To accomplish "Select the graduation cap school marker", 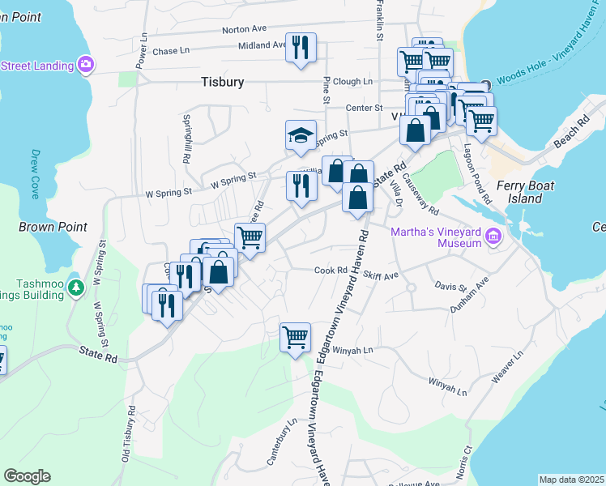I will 301,135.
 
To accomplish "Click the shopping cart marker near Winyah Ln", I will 296,336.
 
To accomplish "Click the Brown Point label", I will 52,227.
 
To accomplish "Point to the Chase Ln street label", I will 170,50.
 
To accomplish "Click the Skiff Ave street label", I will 381,275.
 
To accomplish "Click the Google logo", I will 27,476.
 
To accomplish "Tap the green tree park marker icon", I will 76,288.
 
